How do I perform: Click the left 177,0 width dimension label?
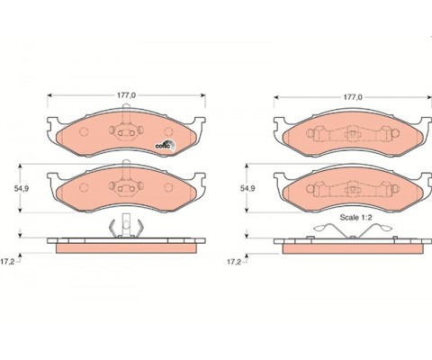126,95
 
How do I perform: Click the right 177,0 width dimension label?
353,97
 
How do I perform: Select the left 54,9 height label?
21,188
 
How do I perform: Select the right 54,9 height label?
247,188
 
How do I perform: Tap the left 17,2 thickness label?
7,262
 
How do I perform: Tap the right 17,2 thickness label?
234,262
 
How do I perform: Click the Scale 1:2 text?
355,218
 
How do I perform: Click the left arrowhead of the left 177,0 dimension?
49,95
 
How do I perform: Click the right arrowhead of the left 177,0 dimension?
203,95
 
